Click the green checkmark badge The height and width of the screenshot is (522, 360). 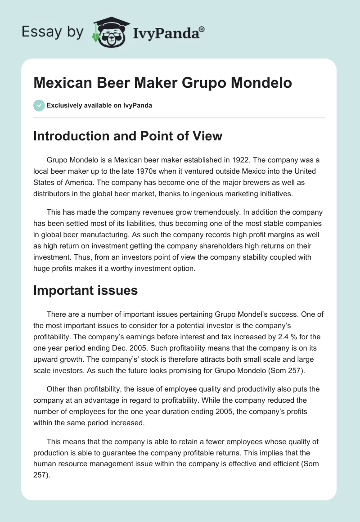pyautogui.click(x=39, y=105)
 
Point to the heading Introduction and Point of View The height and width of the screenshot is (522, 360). pyautogui.click(x=128, y=135)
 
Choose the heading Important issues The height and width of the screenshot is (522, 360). pyautogui.click(x=85, y=290)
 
